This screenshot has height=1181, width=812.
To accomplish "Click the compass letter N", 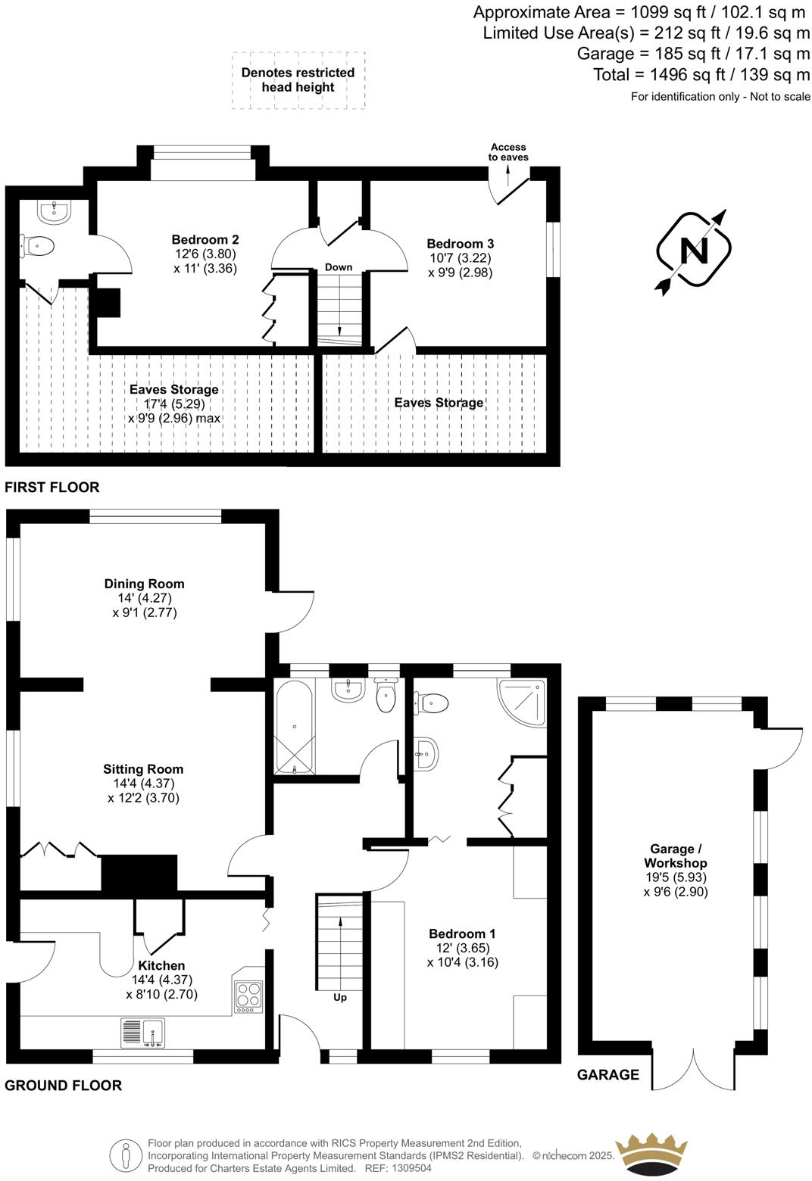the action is click(694, 250).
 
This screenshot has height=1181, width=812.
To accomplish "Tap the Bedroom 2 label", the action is click(205, 240).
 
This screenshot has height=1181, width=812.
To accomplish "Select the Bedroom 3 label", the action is click(460, 244).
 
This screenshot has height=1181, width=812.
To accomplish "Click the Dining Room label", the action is click(144, 584).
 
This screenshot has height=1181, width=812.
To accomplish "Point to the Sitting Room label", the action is click(143, 769).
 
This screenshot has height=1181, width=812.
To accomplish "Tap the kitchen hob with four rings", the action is click(248, 996).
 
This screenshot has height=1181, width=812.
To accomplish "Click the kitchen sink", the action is click(142, 1033).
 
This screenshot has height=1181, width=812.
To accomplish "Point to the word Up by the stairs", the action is click(340, 998).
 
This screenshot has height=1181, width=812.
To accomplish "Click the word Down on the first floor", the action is click(339, 267).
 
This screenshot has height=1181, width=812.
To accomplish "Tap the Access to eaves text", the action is click(508, 152).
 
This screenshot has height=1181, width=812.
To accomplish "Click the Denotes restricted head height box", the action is click(298, 80).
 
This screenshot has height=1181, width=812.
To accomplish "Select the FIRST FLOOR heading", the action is click(52, 488).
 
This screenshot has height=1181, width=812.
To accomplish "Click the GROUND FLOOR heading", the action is click(63, 1086).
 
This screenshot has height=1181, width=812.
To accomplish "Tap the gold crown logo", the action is click(652, 1155).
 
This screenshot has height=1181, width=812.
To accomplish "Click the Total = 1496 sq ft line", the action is click(701, 74).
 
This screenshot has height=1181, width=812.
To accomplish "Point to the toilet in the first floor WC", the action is click(40, 246).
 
